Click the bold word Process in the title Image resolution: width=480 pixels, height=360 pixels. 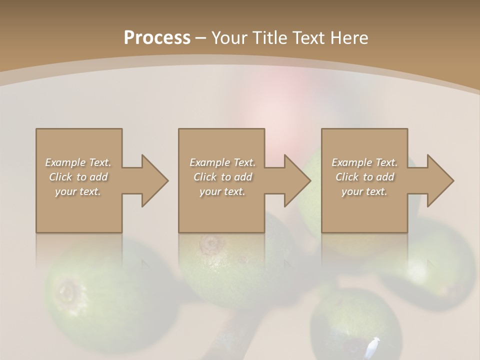click(157, 38)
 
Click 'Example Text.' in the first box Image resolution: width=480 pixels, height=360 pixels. click(78, 162)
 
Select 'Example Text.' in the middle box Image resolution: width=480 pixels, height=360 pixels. click(222, 162)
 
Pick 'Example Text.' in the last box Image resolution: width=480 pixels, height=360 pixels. click(364, 162)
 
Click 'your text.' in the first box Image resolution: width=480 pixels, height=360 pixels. click(78, 191)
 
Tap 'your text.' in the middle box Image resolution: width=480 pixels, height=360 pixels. click(222, 191)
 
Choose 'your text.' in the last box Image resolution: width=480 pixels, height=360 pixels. click(364, 191)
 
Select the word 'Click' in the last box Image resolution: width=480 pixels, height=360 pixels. click(347, 177)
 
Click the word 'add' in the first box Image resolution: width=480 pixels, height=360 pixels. click(99, 177)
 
